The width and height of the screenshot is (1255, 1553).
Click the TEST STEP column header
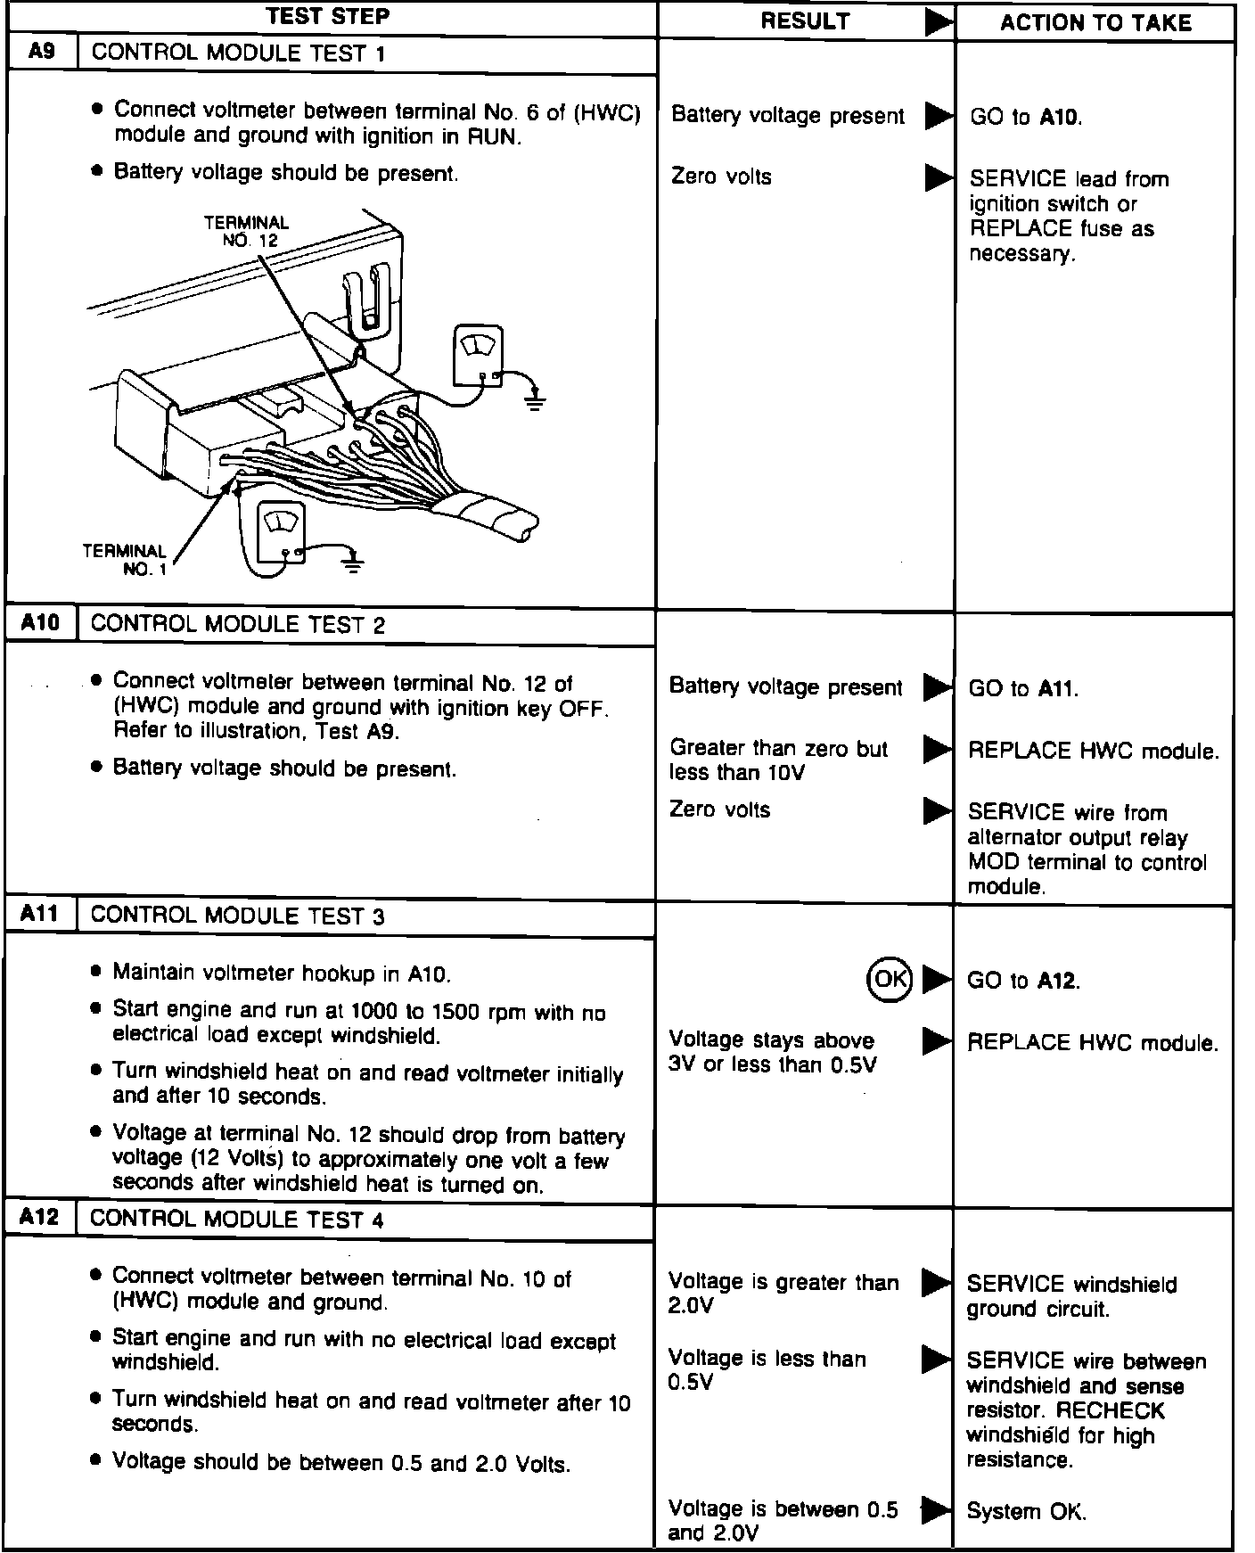[328, 16]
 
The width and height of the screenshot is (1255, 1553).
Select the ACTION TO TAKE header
[1095, 23]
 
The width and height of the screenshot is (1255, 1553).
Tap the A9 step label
[42, 52]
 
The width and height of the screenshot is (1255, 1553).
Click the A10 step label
[41, 622]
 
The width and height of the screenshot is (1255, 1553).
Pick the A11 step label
[41, 914]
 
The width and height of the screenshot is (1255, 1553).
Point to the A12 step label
[40, 1217]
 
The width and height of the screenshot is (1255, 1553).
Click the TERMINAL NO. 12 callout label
[247, 231]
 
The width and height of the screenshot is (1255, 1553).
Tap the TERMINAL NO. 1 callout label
[125, 560]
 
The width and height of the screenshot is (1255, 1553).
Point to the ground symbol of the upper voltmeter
[534, 396]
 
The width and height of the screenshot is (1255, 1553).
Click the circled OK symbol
[889, 979]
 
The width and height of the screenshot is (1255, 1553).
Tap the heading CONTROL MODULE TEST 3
[237, 916]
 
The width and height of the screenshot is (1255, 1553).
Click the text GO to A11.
[1022, 688]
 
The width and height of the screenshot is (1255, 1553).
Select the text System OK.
[1026, 1511]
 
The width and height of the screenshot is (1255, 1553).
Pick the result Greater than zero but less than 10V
[778, 760]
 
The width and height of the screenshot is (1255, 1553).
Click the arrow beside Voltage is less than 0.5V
[936, 1359]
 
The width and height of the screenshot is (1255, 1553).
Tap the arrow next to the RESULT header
[938, 22]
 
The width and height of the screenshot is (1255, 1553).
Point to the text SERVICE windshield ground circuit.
[1070, 1296]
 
